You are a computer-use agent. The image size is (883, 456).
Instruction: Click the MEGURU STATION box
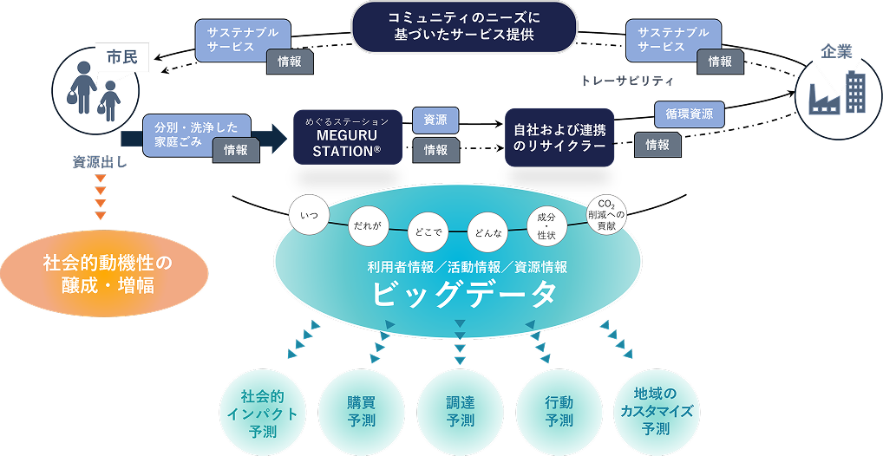(x=347, y=137)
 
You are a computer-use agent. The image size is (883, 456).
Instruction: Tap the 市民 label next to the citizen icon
(x=121, y=59)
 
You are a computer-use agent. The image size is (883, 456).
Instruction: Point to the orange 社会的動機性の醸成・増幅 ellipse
(x=108, y=272)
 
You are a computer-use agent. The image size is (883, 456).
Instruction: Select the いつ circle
(x=309, y=213)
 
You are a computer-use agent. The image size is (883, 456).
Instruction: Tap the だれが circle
(x=365, y=225)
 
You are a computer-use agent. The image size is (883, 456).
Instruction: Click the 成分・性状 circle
(x=546, y=225)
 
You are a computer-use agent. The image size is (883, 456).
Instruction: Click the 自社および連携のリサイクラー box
(x=559, y=137)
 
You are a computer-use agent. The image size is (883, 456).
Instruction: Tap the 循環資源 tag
(x=690, y=114)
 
